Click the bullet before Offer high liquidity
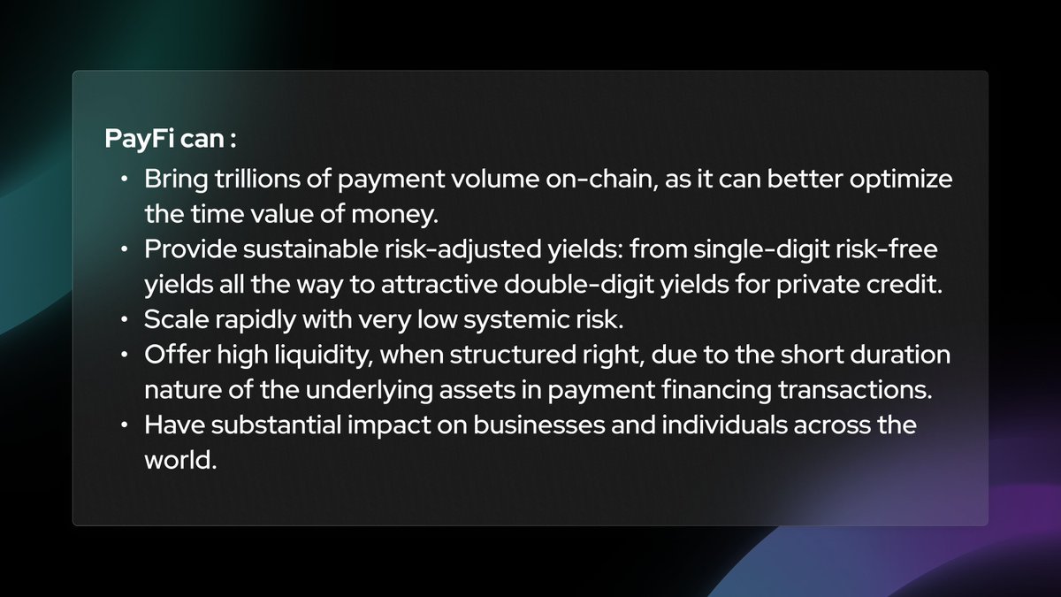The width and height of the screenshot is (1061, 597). coord(126,356)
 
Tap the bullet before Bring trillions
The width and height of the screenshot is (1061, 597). coord(126,180)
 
